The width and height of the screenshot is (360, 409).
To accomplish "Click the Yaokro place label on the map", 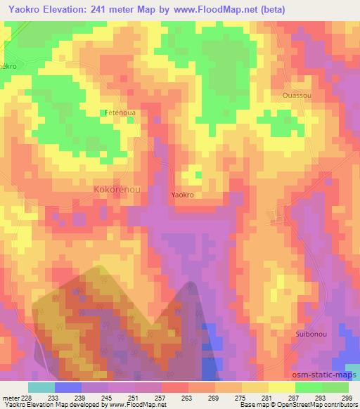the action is (182, 195).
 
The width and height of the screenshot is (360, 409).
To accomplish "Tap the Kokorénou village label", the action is (117, 190).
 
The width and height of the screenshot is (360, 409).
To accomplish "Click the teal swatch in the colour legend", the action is (41, 387).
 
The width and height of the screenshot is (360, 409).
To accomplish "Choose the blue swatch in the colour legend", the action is (67, 387).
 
